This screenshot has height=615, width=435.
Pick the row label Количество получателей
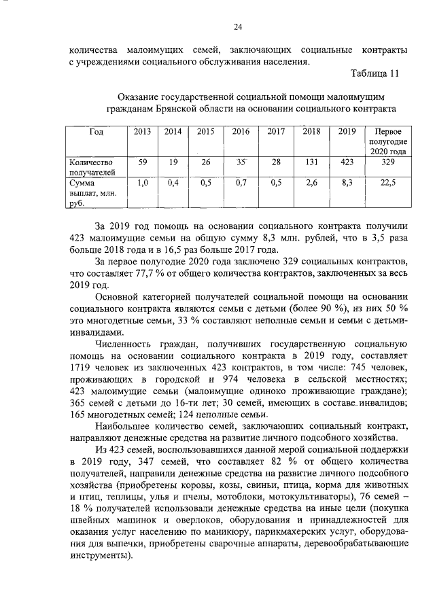pyautogui.click(x=92, y=167)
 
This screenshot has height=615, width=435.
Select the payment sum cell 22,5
pyautogui.click(x=386, y=183)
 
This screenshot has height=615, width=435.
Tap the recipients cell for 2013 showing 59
pyautogui.click(x=143, y=162)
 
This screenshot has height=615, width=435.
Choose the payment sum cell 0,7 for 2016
pyautogui.click(x=241, y=183)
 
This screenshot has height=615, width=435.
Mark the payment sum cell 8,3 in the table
pyautogui.click(x=347, y=183)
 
